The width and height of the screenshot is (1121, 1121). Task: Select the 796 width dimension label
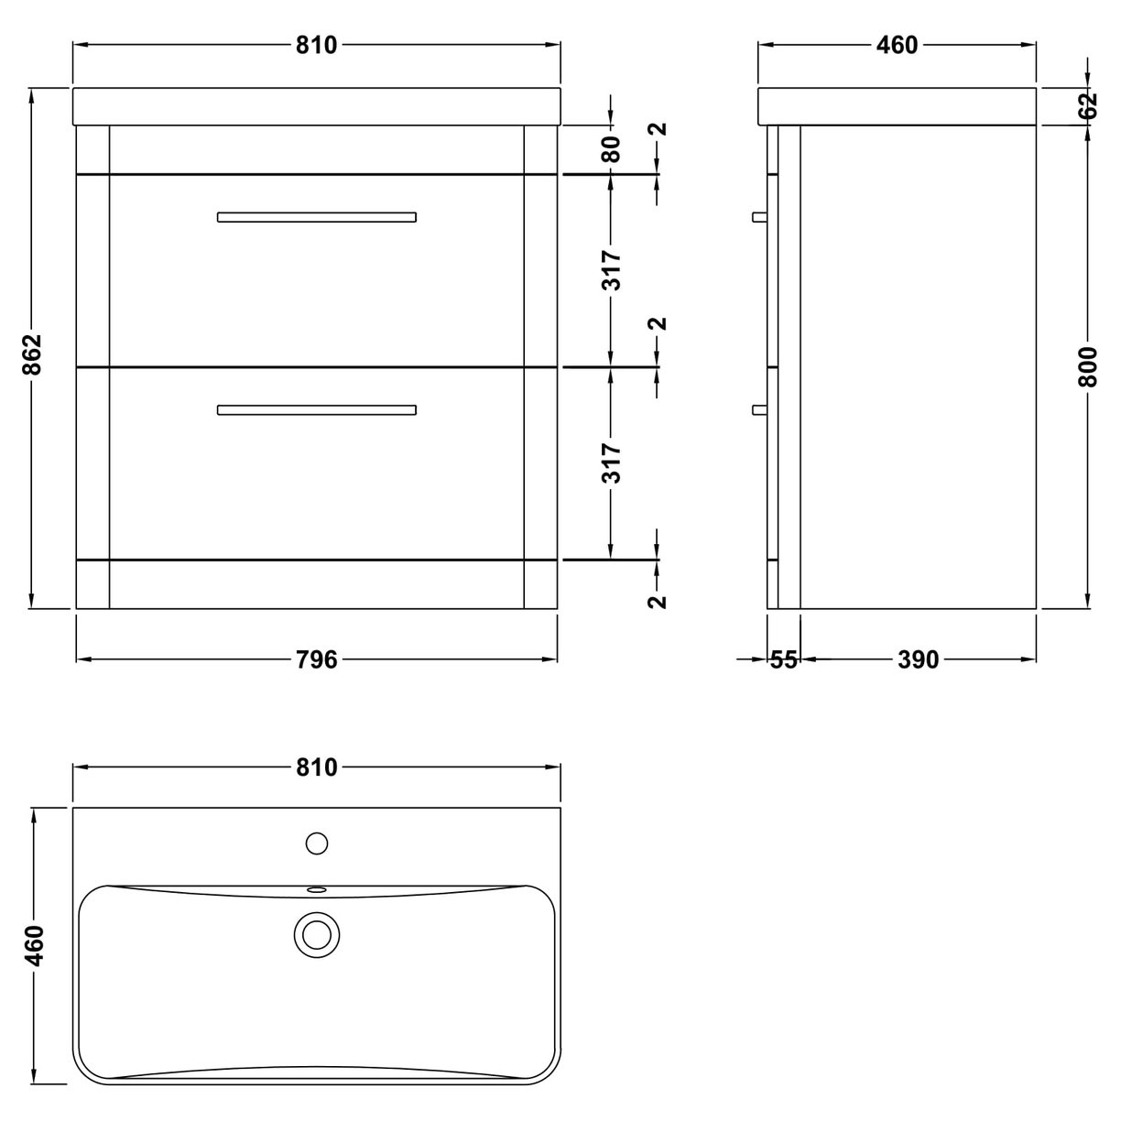click(317, 659)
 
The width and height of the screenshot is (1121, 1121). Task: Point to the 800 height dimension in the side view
click(1088, 366)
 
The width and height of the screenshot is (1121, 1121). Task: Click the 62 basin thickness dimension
click(1088, 105)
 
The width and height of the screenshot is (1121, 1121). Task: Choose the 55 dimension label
click(784, 659)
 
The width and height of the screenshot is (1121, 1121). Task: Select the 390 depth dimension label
click(918, 659)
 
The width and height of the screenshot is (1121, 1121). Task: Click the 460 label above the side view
click(897, 45)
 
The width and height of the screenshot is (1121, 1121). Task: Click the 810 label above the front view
click(317, 45)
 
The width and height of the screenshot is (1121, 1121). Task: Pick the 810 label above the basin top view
click(317, 767)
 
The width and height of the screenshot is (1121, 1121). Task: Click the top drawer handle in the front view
click(317, 217)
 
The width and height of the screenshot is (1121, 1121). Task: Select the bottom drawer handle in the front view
click(317, 409)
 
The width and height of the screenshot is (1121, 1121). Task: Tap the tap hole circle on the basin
click(317, 843)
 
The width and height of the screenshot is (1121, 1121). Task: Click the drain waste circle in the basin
click(317, 934)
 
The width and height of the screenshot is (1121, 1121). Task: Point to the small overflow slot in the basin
click(317, 888)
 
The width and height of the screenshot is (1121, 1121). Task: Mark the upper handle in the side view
click(758, 217)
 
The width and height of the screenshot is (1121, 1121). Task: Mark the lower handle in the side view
click(758, 409)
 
